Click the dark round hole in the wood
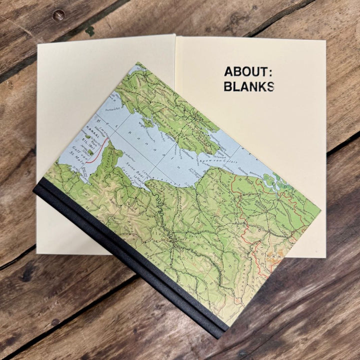coord(58,15)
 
